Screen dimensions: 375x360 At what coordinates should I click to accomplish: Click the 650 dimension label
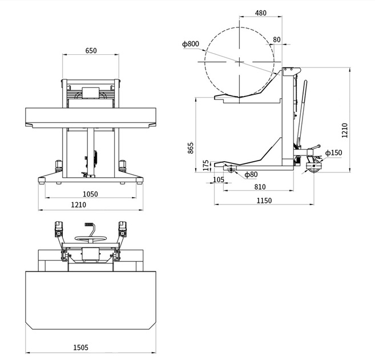[x=91, y=51]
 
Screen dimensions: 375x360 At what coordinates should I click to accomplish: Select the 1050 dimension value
[x=90, y=194]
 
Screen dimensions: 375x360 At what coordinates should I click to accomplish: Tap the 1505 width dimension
[x=80, y=347]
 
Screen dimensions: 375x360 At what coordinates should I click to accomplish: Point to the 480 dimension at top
[x=260, y=13]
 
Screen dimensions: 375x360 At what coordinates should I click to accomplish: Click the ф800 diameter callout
[x=191, y=44]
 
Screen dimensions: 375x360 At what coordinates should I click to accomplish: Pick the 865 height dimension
[x=191, y=148]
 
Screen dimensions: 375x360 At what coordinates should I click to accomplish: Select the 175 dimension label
[x=206, y=165]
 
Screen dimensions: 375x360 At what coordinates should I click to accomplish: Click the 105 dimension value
[x=219, y=179]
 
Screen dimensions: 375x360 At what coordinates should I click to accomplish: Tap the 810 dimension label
[x=260, y=187]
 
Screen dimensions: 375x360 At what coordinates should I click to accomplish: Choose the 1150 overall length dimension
[x=264, y=201]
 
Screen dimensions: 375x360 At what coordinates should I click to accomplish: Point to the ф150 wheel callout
[x=334, y=153]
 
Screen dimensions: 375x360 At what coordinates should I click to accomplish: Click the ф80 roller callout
[x=251, y=174]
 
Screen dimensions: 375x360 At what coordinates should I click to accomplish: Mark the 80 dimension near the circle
[x=276, y=40]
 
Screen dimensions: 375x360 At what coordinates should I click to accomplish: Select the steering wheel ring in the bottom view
[x=90, y=238]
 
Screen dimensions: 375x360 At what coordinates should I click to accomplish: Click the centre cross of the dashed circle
[x=239, y=62]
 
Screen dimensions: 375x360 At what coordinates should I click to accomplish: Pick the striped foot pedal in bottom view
[x=88, y=225]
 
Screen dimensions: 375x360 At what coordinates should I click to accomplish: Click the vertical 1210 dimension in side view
[x=345, y=130]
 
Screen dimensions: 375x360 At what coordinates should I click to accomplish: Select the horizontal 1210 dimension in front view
[x=79, y=205]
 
